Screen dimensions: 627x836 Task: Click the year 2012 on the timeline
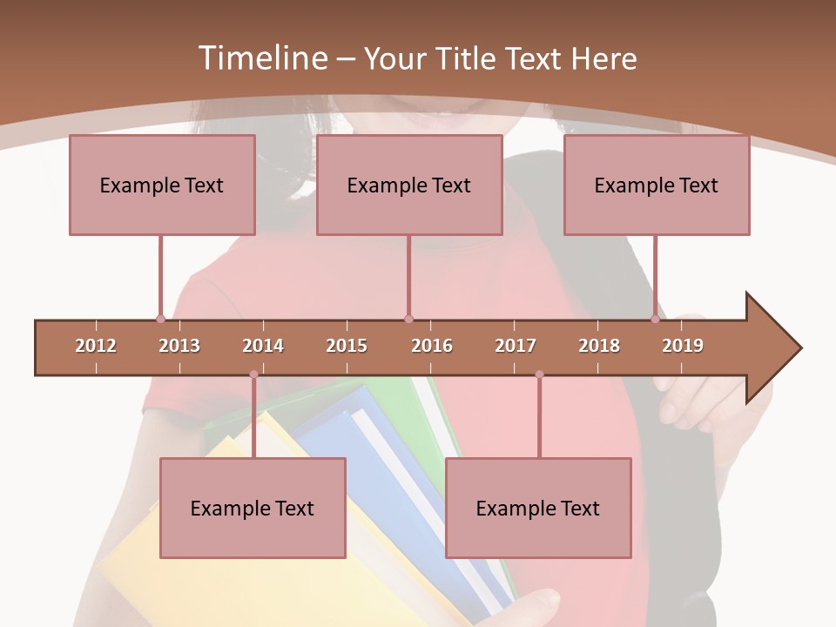96,346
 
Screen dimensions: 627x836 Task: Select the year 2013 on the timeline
179,346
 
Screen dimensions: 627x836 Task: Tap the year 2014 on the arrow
263,346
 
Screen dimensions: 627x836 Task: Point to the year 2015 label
347,346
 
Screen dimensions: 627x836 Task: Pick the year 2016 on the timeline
432,346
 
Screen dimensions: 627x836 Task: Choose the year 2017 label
516,346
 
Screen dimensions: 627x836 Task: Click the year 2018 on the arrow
599,346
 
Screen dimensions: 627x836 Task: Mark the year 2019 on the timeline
683,346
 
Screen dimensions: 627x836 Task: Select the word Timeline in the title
261,58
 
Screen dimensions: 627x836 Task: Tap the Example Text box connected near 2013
162,185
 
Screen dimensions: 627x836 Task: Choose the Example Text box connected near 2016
409,185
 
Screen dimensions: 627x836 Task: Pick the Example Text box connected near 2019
657,185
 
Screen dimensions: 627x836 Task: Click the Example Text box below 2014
253,508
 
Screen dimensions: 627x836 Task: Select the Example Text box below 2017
538,508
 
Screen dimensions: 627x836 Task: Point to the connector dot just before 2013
160,319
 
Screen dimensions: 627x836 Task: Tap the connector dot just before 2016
408,319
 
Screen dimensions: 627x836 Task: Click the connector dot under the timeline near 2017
539,374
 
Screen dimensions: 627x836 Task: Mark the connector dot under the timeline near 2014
253,374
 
